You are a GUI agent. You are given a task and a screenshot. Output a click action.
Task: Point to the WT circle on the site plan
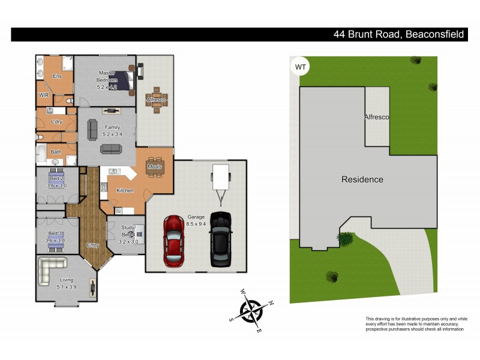(299, 66)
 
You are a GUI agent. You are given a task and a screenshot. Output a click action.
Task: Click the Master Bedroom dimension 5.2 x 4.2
(107, 86)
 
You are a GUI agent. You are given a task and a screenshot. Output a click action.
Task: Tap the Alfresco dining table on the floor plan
(157, 102)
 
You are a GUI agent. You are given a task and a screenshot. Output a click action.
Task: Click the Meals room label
(154, 167)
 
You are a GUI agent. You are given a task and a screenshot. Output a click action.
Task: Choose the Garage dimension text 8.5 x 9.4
(195, 223)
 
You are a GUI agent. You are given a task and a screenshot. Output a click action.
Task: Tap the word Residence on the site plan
(362, 179)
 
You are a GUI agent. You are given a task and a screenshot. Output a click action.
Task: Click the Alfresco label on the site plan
(376, 118)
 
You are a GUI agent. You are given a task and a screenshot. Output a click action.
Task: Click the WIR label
(44, 95)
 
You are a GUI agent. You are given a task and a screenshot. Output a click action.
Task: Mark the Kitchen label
(125, 190)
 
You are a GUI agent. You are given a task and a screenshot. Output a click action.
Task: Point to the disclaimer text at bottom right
(416, 324)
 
